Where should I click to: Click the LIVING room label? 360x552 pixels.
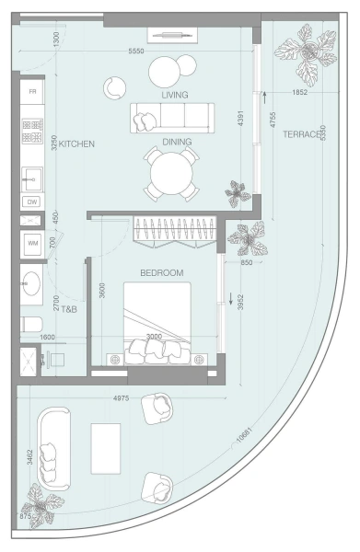coord(175,95)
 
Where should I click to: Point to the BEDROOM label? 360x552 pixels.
coord(162,273)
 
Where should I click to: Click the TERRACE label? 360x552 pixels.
coord(299,134)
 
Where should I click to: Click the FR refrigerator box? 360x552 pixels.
coord(33,93)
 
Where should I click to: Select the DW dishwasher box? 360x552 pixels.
coord(32,201)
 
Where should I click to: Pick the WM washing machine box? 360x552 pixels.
coord(33,244)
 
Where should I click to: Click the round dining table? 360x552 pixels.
coord(171,173)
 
